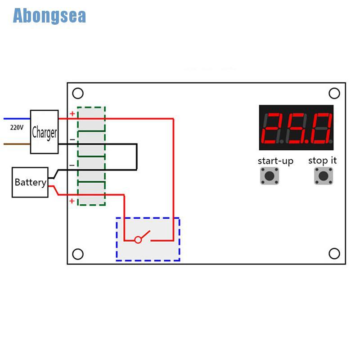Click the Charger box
pyautogui.click(x=44, y=132)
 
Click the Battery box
pyautogui.click(x=30, y=182)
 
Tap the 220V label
pyautogui.click(x=17, y=127)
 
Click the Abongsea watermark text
pyautogui.click(x=49, y=16)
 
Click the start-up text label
pyautogui.click(x=275, y=161)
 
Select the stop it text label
pyautogui.click(x=322, y=160)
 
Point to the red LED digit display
pyautogui.click(x=296, y=127)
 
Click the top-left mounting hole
pyautogui.click(x=78, y=93)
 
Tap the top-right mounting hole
pyautogui.click(x=334, y=93)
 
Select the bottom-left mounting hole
pyautogui.click(x=78, y=254)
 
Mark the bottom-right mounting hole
pyautogui.click(x=334, y=254)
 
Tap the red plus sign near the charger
pyautogui.click(x=72, y=114)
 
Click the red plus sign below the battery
pyautogui.click(x=72, y=201)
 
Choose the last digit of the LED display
pyautogui.click(x=323, y=128)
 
